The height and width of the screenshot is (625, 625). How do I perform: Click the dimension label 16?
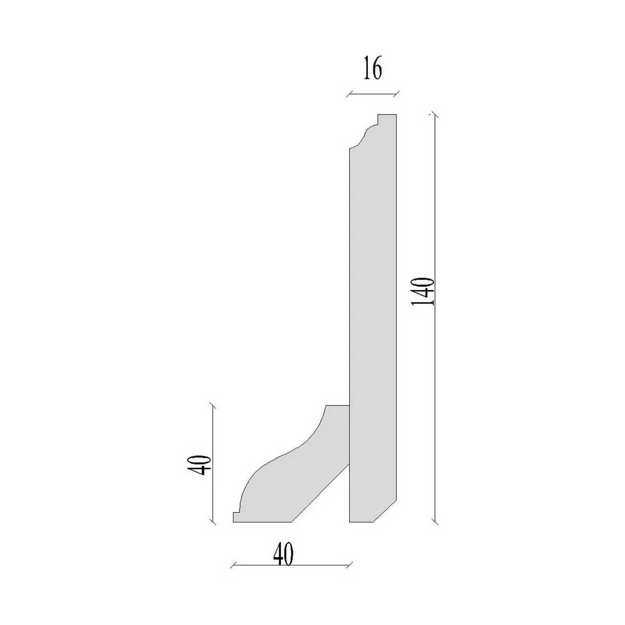click(372, 69)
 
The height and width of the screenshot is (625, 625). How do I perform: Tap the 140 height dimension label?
click(423, 291)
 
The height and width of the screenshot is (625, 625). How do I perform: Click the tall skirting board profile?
click(372, 317)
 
